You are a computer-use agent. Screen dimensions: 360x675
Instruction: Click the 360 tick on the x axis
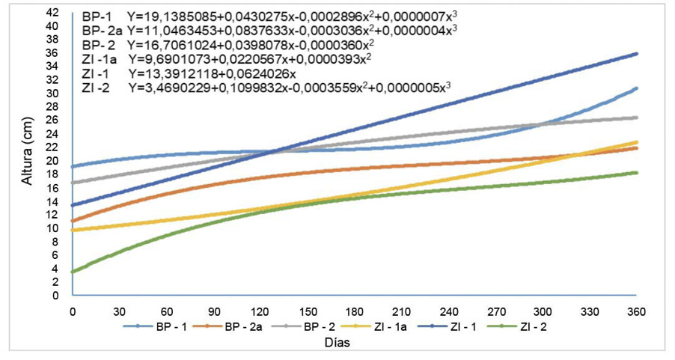pos(636,310)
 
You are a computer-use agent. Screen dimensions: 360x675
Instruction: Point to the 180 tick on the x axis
pos(354,310)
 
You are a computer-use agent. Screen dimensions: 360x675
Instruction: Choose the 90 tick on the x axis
pos(213,310)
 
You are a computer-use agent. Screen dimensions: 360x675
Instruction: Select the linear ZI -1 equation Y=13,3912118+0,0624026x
pos(213,74)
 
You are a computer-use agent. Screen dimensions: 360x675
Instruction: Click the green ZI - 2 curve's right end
pos(636,173)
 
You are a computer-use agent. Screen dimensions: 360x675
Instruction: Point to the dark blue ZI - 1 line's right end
pos(636,54)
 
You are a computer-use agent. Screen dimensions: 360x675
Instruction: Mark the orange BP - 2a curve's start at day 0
pos(73,221)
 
